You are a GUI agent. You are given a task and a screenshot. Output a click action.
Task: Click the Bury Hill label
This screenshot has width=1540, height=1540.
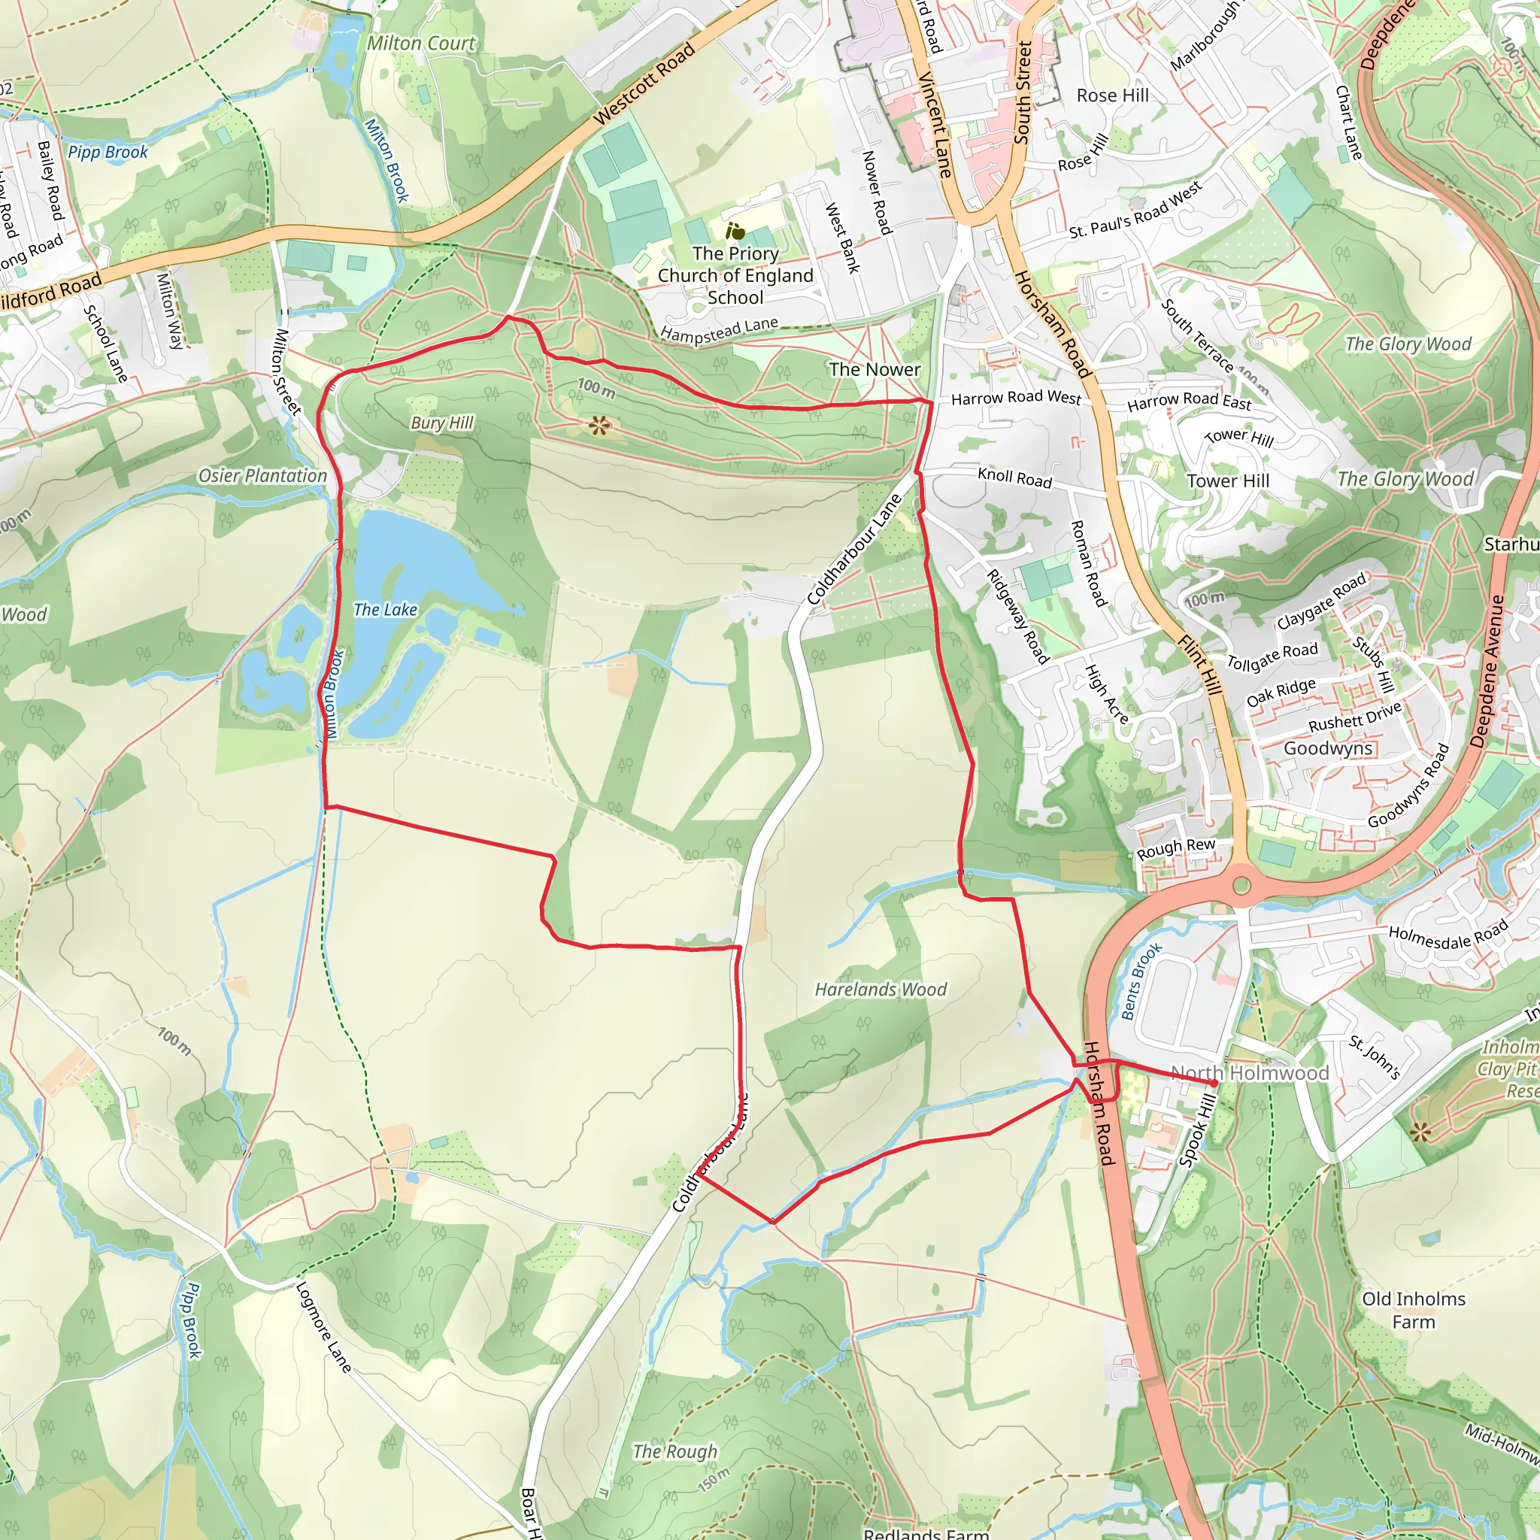(x=441, y=423)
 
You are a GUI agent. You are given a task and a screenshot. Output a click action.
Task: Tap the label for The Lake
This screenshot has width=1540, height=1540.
(x=385, y=610)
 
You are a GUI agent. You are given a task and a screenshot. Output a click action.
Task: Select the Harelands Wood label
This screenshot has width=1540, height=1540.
(x=880, y=990)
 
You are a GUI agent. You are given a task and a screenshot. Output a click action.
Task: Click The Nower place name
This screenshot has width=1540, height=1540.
(x=875, y=369)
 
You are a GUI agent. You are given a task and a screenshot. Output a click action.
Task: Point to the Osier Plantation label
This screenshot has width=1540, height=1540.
(x=262, y=476)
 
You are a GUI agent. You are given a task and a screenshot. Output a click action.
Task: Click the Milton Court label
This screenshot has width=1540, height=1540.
(x=421, y=43)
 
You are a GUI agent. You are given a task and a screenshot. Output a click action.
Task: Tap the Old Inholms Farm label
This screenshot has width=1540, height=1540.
(x=1413, y=1311)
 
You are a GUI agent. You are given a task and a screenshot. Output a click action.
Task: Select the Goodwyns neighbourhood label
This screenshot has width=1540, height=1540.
(x=1328, y=747)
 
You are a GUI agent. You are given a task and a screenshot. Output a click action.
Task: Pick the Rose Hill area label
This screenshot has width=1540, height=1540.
(x=1113, y=95)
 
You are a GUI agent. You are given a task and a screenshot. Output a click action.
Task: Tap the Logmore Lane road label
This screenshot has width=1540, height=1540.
(x=323, y=1327)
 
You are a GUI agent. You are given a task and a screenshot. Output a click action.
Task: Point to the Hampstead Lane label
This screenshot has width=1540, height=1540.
(x=719, y=331)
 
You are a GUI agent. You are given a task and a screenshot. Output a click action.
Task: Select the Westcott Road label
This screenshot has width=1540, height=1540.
(x=644, y=83)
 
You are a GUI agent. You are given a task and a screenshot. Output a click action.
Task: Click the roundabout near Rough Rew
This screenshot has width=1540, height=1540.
(x=1241, y=885)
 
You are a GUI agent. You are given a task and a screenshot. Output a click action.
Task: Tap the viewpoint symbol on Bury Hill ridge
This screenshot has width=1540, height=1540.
(x=599, y=426)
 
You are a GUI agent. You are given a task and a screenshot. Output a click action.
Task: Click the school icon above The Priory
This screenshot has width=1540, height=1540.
(x=735, y=231)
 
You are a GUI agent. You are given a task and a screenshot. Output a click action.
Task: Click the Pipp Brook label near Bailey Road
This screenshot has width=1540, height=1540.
(x=108, y=151)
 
